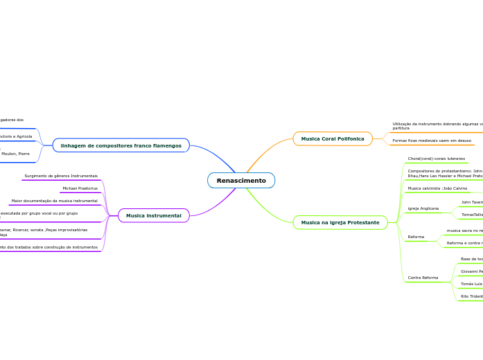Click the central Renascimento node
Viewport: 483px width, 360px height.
pyautogui.click(x=241, y=181)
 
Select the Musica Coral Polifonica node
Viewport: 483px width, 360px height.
pyautogui.click(x=333, y=139)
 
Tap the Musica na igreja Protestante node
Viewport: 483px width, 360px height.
pyautogui.click(x=340, y=222)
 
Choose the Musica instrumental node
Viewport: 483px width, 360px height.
pyautogui.click(x=153, y=216)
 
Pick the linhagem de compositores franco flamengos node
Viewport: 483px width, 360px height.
pyautogui.click(x=121, y=145)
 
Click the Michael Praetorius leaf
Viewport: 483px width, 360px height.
pyautogui.click(x=80, y=188)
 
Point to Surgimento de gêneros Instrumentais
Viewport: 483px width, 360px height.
pyautogui.click(x=61, y=176)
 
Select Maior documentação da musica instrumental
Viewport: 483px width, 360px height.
pyautogui.click(x=55, y=201)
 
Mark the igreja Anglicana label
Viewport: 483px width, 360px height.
pyautogui.click(x=423, y=208)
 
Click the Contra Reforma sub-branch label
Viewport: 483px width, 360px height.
pyautogui.click(x=423, y=278)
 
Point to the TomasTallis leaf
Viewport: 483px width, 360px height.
pyautogui.click(x=471, y=215)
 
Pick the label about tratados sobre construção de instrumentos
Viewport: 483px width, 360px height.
pyautogui.click(x=49, y=247)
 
